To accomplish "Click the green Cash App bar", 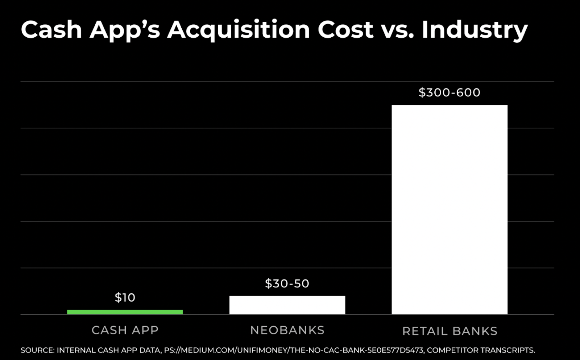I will [x=125, y=312].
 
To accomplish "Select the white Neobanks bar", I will [x=287, y=305].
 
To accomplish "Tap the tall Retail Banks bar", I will [x=449, y=210].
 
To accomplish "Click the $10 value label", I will [x=125, y=298].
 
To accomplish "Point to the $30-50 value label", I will [x=287, y=284].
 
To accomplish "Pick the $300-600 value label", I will [x=449, y=92].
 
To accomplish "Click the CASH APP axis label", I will [x=125, y=330].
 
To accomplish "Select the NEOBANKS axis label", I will [x=287, y=330].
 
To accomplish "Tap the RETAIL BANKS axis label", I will [x=449, y=331].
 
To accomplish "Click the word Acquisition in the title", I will [x=239, y=30].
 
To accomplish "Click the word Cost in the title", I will [x=345, y=30].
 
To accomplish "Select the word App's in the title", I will [x=125, y=30].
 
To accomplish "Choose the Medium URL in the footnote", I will [x=294, y=350].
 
